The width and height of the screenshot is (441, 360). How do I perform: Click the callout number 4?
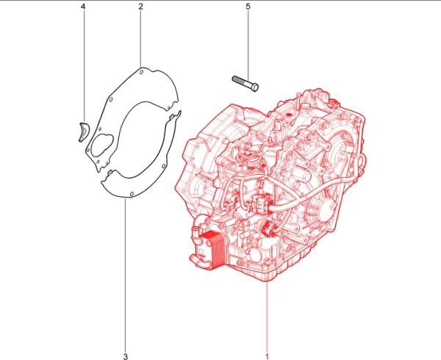[x=83, y=7]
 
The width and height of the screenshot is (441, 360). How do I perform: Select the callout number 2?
[x=140, y=7]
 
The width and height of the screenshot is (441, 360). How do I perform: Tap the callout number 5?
[x=248, y=7]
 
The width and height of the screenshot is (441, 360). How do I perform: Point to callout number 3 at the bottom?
[x=126, y=356]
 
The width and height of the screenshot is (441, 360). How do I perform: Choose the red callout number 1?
[x=267, y=356]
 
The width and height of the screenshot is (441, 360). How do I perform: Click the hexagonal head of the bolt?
[x=255, y=87]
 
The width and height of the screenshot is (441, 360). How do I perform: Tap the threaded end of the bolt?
[x=238, y=80]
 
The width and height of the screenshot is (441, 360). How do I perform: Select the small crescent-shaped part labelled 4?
[x=83, y=132]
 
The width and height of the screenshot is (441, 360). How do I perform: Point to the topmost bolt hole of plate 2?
[x=141, y=72]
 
